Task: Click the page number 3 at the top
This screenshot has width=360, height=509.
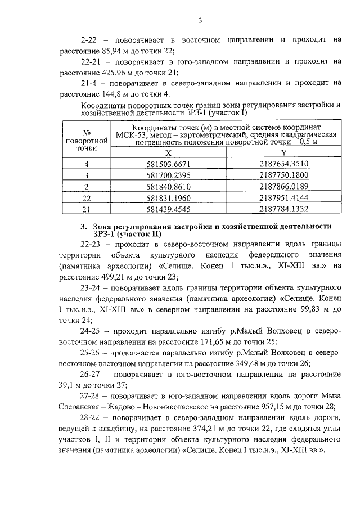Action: [x=200, y=21]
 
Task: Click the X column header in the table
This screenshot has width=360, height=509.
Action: [x=168, y=152]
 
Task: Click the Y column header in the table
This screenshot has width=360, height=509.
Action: [x=284, y=152]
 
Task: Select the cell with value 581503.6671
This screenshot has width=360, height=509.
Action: [x=168, y=164]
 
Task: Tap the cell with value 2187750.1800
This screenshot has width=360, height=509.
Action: [x=284, y=175]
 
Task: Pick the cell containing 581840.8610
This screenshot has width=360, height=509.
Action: [x=168, y=187]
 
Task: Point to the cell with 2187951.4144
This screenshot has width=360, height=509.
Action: [x=284, y=198]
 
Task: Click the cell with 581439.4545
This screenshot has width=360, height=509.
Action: [x=168, y=209]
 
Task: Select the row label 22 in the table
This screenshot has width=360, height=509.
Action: [x=87, y=198]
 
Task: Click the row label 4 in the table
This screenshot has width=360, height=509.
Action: [x=87, y=164]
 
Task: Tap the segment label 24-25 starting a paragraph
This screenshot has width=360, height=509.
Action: [x=92, y=332]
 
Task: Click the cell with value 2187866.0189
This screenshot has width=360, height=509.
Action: [x=284, y=187]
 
